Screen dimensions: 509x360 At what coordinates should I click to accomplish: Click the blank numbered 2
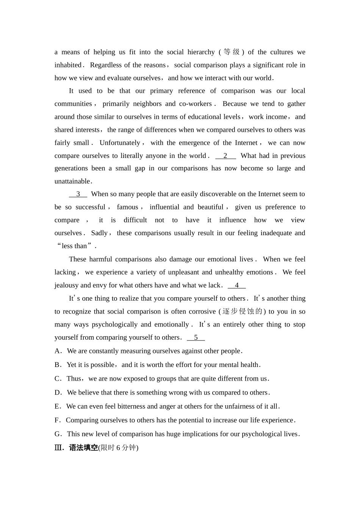coord(225,156)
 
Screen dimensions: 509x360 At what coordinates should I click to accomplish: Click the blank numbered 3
coord(78,194)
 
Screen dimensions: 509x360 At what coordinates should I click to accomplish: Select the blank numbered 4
coord(237,285)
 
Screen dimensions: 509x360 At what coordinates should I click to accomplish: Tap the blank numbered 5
coord(196,337)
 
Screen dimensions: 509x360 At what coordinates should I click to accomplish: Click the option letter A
coord(58,351)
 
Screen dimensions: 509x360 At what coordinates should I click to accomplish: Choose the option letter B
coord(58,365)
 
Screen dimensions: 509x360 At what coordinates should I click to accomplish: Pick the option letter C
coord(58,379)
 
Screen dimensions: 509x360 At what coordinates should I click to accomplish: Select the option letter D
coord(58,393)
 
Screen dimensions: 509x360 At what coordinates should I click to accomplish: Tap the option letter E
coord(57,406)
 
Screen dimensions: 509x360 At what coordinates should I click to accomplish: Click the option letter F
coord(57,420)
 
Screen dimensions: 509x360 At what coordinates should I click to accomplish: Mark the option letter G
coord(58,434)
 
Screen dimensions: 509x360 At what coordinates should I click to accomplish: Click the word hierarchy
coord(201,52)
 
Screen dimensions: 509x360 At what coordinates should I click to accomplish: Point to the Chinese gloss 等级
coord(232,52)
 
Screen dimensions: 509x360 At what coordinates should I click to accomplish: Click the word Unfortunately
coord(120,143)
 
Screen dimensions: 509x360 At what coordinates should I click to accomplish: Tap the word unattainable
coord(72,181)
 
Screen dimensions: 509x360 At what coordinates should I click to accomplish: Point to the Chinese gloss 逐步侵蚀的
coord(243,311)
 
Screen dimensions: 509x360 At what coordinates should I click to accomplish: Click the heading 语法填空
coord(83,448)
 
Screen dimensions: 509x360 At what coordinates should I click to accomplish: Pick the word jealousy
coord(66,286)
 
